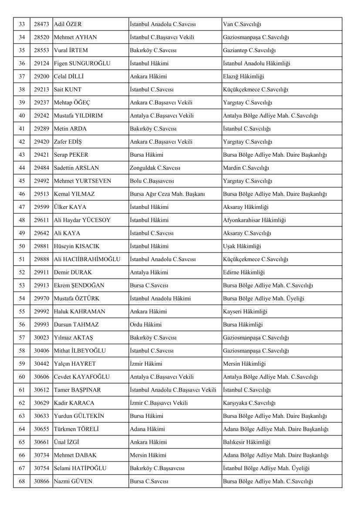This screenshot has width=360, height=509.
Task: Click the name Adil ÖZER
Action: [67, 24]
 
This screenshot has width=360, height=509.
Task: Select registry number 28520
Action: [41, 37]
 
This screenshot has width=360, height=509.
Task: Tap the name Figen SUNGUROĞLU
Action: [82, 64]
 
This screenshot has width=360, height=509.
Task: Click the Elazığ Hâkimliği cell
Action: [243, 77]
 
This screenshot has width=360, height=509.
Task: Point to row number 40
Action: [22, 116]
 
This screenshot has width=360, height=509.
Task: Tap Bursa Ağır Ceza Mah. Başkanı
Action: [167, 194]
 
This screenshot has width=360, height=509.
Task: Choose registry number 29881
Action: [41, 246]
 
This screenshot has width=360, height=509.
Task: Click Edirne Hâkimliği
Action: [244, 273]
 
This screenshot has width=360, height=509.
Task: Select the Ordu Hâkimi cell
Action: [145, 325]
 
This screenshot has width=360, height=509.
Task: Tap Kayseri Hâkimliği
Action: [245, 312]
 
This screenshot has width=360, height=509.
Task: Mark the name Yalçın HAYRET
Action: [74, 364]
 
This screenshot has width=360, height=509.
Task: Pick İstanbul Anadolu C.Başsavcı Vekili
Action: [173, 390]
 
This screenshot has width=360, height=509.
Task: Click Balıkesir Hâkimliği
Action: [246, 442]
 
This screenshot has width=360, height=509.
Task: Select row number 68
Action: [22, 482]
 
